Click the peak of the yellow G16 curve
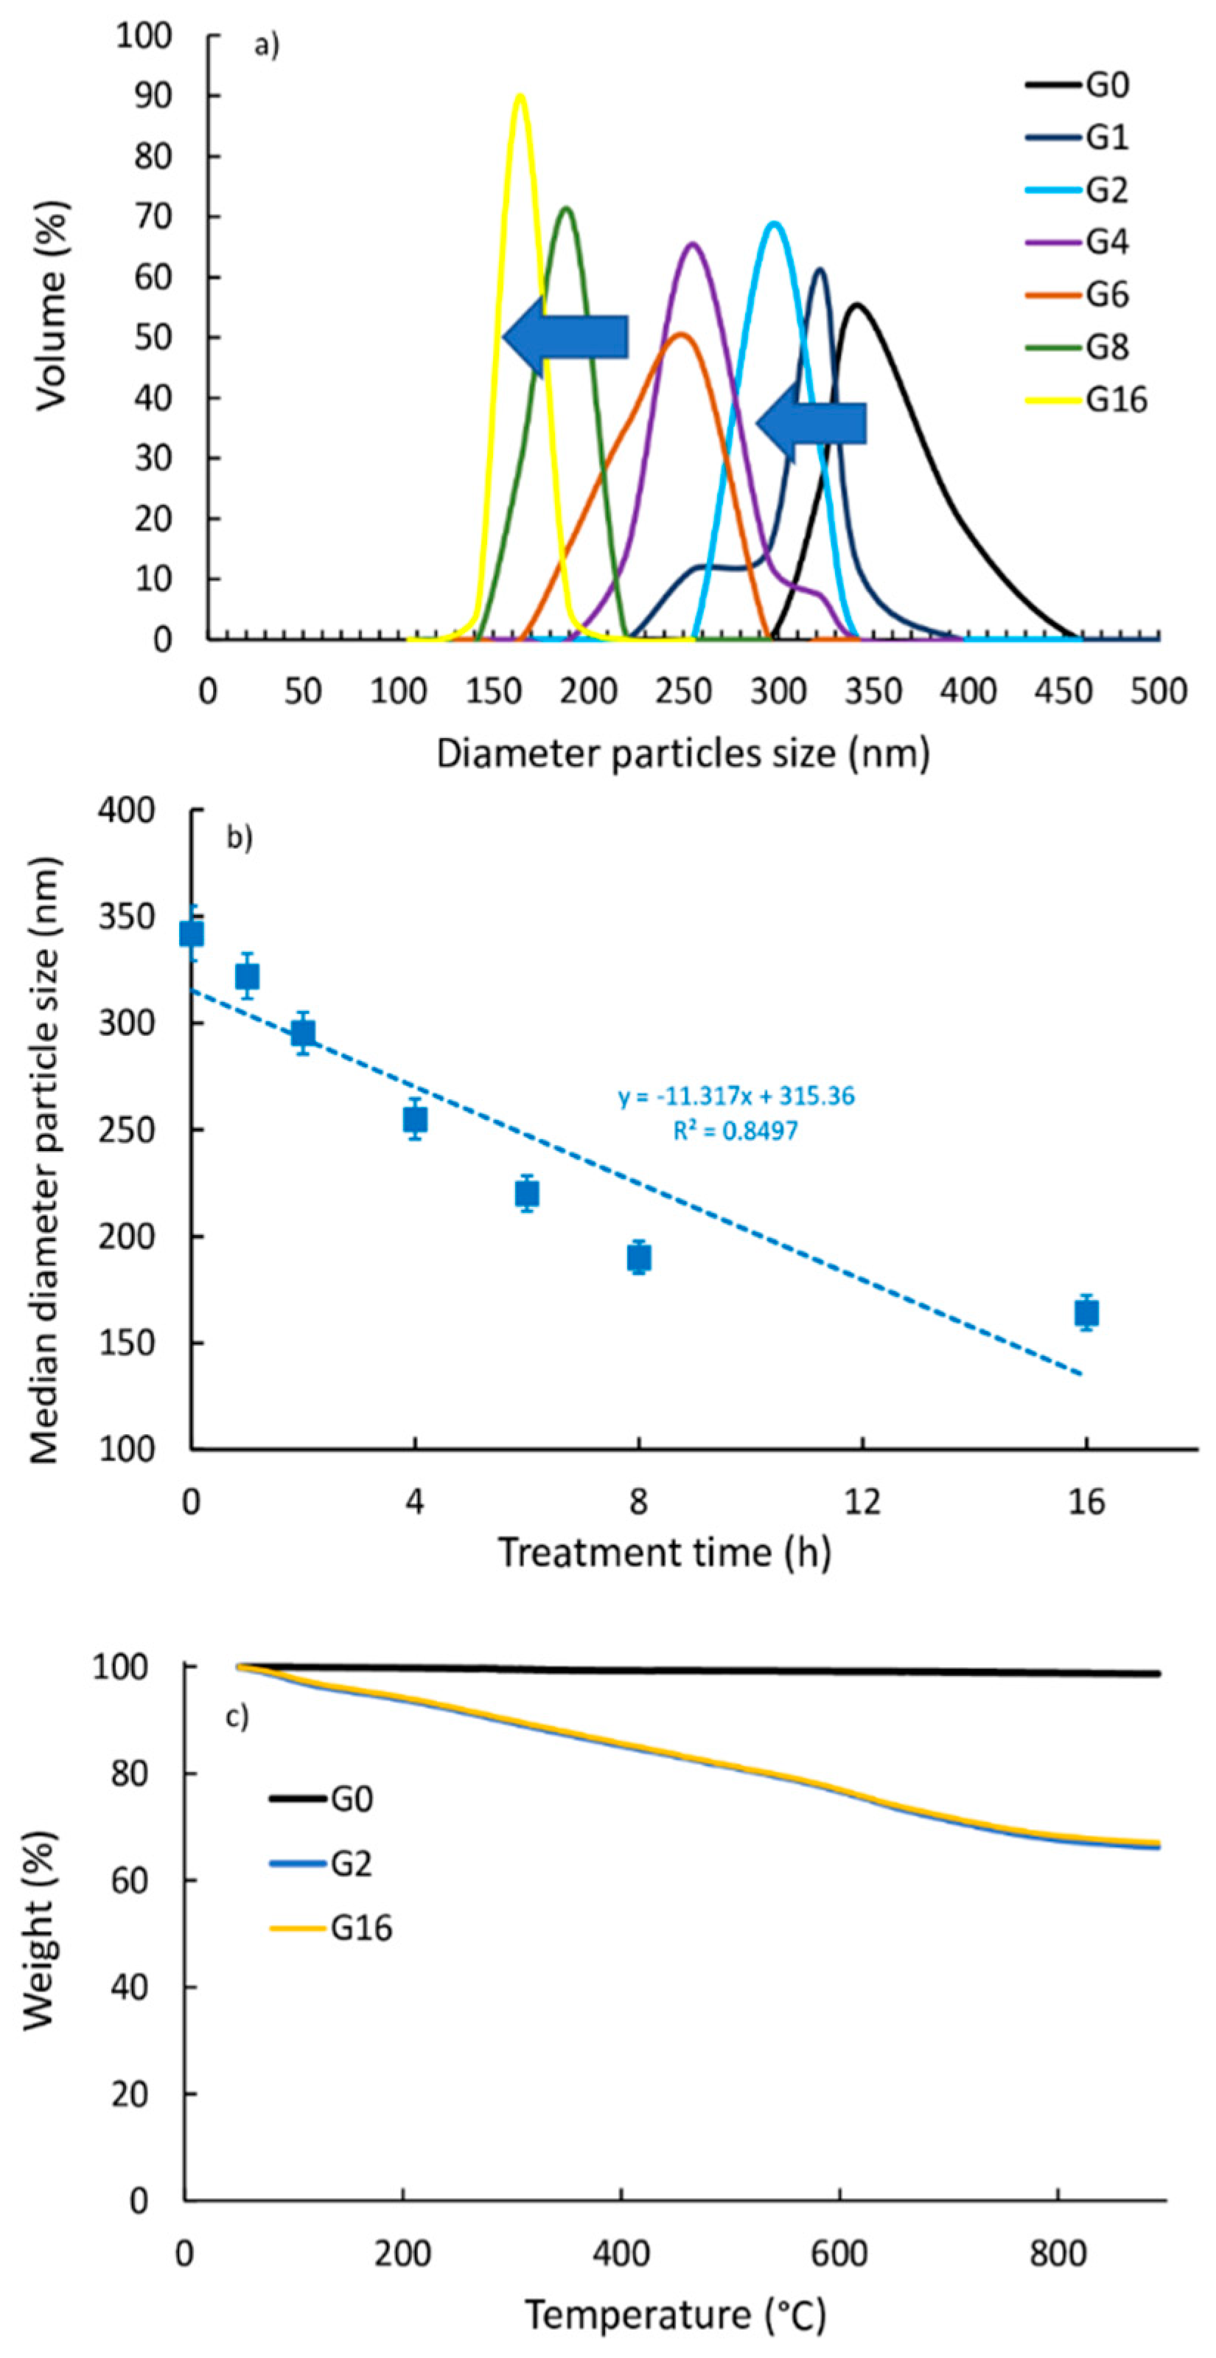coord(520,95)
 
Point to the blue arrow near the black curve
coord(811,424)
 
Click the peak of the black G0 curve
coord(857,305)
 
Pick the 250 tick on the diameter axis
coord(683,691)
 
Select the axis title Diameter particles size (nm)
coord(682,754)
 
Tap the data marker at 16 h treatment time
coord(1086,1312)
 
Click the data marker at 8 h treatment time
coord(639,1258)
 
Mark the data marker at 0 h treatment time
coord(191,933)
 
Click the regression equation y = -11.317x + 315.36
coord(736,1096)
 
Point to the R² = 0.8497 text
coord(735,1131)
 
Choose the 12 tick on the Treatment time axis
coord(862,1502)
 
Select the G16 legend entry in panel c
coord(360,1928)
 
